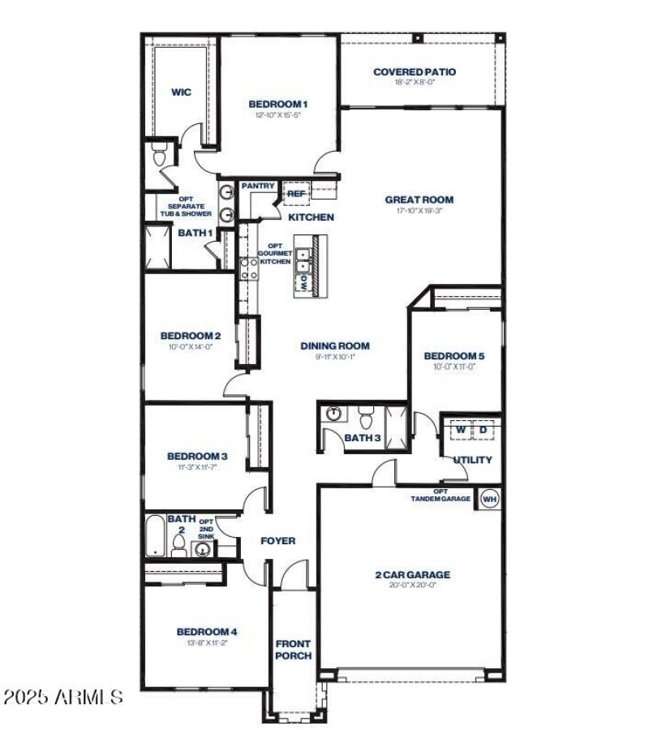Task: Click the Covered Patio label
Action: click(415, 72)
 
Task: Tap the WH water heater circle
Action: click(489, 499)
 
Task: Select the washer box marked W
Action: click(460, 429)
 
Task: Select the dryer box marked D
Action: click(483, 429)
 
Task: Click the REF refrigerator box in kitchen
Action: click(294, 194)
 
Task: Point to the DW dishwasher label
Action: click(303, 283)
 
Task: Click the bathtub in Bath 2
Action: click(156, 537)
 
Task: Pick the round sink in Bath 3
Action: click(333, 414)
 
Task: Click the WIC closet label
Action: click(181, 92)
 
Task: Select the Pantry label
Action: click(257, 187)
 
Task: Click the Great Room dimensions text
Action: click(419, 211)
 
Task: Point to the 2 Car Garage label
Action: click(412, 575)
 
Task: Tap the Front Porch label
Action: click(293, 650)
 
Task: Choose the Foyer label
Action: click(277, 541)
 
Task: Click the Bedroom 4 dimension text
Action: click(207, 642)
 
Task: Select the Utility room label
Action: click(473, 460)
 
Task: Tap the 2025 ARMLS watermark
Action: click(63, 697)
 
